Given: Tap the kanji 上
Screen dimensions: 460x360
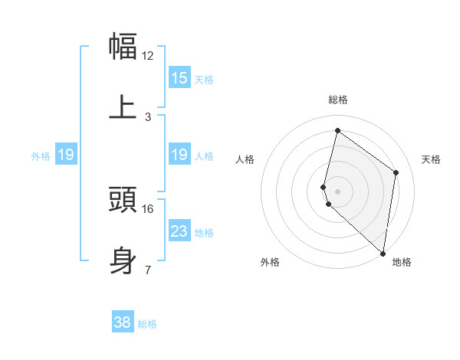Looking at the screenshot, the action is [123, 107].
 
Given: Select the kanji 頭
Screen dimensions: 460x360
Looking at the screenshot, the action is [123, 199].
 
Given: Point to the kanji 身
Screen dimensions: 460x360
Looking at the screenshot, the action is [123, 260].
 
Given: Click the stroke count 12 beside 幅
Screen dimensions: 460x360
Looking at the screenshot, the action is [148, 56].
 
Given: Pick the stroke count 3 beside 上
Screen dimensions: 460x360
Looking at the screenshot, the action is [148, 117].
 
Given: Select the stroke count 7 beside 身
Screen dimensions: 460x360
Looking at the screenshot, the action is [148, 270].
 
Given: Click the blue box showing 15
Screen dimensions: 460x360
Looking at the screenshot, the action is [179, 78].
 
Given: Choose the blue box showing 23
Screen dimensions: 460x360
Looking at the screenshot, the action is [179, 231].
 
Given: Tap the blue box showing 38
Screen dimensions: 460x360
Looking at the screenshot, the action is [123, 322].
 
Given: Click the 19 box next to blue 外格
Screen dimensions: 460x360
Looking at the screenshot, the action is [66, 155].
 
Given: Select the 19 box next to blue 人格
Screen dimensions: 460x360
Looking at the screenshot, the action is [179, 155].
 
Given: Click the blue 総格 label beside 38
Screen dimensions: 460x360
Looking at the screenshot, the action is [147, 324].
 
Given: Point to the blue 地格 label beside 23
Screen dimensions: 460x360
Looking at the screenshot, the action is [204, 233].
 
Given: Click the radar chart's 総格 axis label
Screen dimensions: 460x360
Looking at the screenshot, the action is [338, 100].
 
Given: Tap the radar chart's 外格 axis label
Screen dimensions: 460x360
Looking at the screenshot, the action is [269, 262].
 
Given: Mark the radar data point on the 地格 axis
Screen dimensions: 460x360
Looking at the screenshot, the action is [383, 254].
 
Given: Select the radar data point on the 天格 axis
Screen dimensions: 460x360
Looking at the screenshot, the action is [396, 172].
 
